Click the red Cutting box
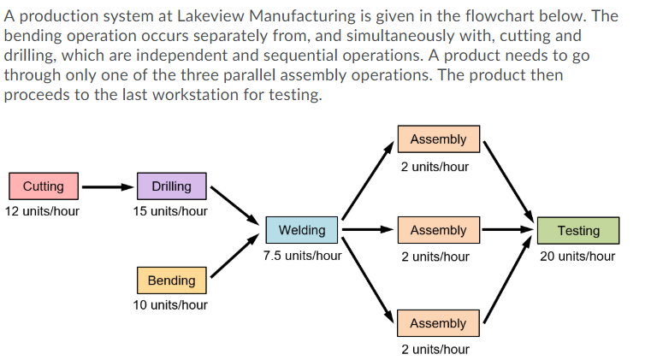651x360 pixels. point(43,186)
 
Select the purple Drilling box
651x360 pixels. point(171,186)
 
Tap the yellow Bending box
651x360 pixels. point(171,280)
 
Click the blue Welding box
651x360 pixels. point(302,230)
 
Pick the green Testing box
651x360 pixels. point(578,230)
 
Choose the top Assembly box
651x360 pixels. point(438,139)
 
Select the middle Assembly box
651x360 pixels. point(438,230)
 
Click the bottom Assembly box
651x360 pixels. point(438,323)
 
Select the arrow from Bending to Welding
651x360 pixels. point(234,259)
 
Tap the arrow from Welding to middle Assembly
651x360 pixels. point(370,230)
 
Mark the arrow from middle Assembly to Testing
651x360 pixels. point(508,230)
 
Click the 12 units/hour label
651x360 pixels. point(42,210)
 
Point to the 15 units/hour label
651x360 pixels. point(170,210)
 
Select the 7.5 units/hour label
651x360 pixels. point(302,255)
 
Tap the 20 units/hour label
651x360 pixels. point(577,255)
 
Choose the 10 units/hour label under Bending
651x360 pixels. point(170,304)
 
